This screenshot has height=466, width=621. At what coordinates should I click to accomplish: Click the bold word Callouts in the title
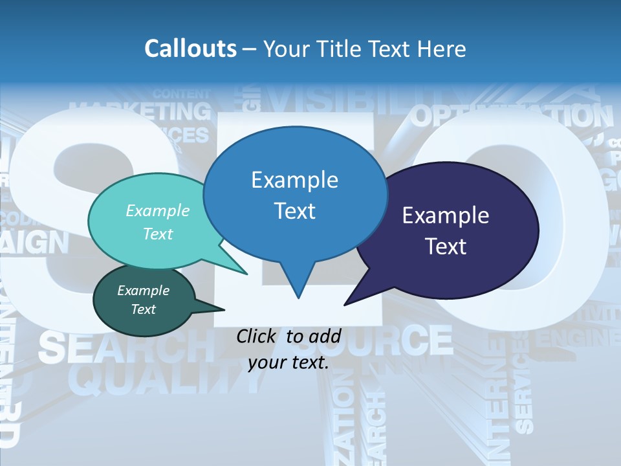coord(190,49)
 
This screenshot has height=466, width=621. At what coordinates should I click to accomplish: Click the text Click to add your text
coord(289,349)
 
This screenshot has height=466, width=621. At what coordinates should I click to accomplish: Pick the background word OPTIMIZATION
coord(511,116)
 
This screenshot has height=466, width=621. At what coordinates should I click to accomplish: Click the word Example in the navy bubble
coord(446,216)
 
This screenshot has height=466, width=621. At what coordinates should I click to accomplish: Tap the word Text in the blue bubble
coord(294,211)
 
